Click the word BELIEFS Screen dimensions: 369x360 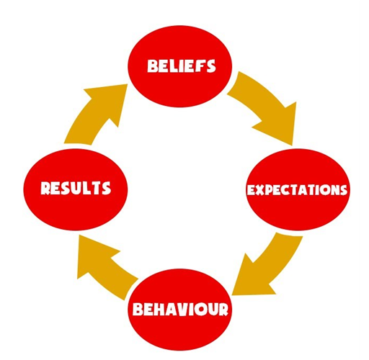(x=182, y=66)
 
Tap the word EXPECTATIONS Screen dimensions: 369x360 (x=297, y=190)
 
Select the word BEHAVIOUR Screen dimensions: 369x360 (x=180, y=309)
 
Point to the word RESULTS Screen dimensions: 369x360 (x=76, y=188)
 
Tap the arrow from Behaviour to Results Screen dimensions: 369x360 (x=106, y=266)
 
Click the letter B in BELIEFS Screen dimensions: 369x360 (x=152, y=66)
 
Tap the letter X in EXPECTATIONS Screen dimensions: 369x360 (x=260, y=190)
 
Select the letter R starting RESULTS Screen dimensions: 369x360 (x=45, y=188)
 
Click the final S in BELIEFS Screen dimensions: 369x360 (x=210, y=66)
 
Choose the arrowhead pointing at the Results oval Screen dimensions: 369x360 (x=95, y=254)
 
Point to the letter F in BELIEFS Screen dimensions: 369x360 (x=199, y=66)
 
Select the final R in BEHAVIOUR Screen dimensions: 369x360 (x=223, y=310)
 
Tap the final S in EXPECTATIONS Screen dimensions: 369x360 (x=343, y=190)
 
